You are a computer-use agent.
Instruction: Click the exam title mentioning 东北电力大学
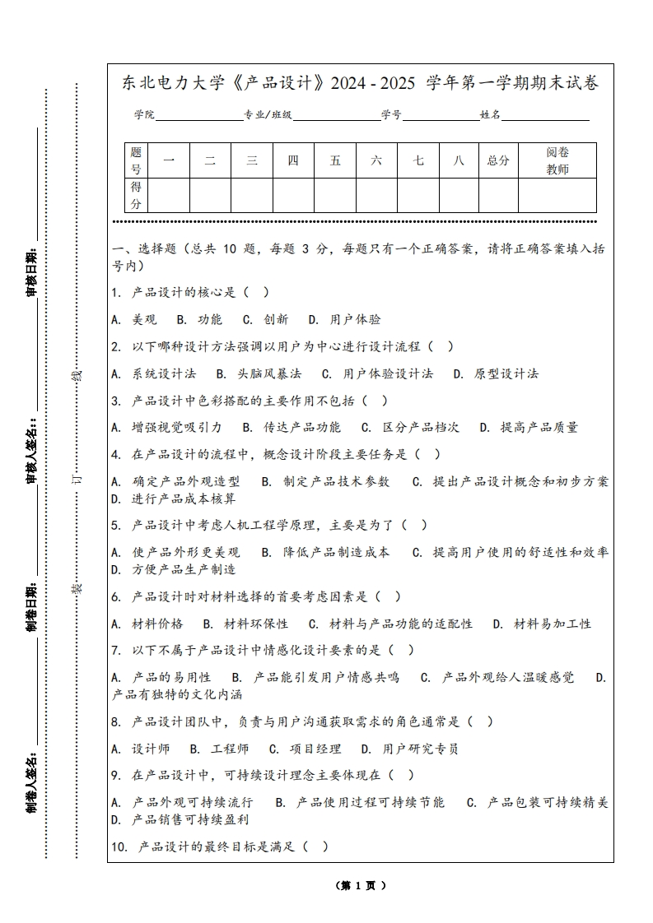tap(361, 83)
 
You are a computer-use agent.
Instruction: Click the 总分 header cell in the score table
tap(498, 160)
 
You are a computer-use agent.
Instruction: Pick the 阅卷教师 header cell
tap(557, 160)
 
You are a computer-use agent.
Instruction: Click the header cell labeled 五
tap(335, 160)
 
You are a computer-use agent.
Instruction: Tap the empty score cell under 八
tap(459, 196)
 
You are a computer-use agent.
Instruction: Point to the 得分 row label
tap(136, 196)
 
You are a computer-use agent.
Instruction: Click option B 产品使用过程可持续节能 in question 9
tap(360, 802)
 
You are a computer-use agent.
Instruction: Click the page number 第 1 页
tap(360, 886)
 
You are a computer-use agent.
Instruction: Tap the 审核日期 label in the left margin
tap(32, 271)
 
